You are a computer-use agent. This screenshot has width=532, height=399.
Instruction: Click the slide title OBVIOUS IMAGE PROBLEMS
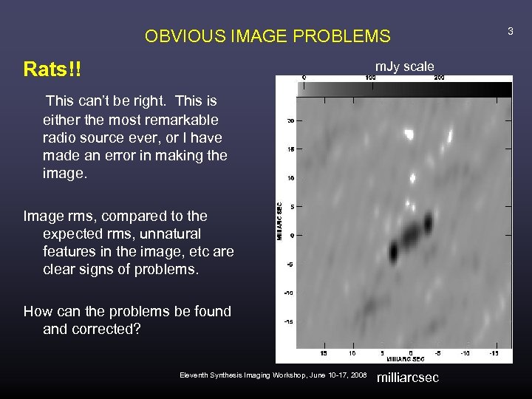(x=267, y=35)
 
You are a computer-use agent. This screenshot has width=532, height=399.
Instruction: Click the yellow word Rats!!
(x=52, y=69)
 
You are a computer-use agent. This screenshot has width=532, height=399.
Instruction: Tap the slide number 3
(x=509, y=30)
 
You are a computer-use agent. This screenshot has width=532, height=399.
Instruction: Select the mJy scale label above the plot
(x=404, y=66)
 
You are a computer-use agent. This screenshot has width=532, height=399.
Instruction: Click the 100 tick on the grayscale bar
(x=371, y=77)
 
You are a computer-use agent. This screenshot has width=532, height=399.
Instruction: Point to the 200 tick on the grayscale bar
(x=439, y=77)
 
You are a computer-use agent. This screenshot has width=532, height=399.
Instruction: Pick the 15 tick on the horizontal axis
(x=324, y=352)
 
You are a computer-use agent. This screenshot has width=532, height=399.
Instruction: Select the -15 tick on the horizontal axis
(x=494, y=352)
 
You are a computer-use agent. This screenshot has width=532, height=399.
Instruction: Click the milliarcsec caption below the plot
(x=408, y=378)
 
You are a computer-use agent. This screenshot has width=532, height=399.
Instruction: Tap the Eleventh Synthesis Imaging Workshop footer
(x=273, y=375)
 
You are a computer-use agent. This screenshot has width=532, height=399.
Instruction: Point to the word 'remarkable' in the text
(x=188, y=120)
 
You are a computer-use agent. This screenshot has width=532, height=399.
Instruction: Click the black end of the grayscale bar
(x=502, y=89)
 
